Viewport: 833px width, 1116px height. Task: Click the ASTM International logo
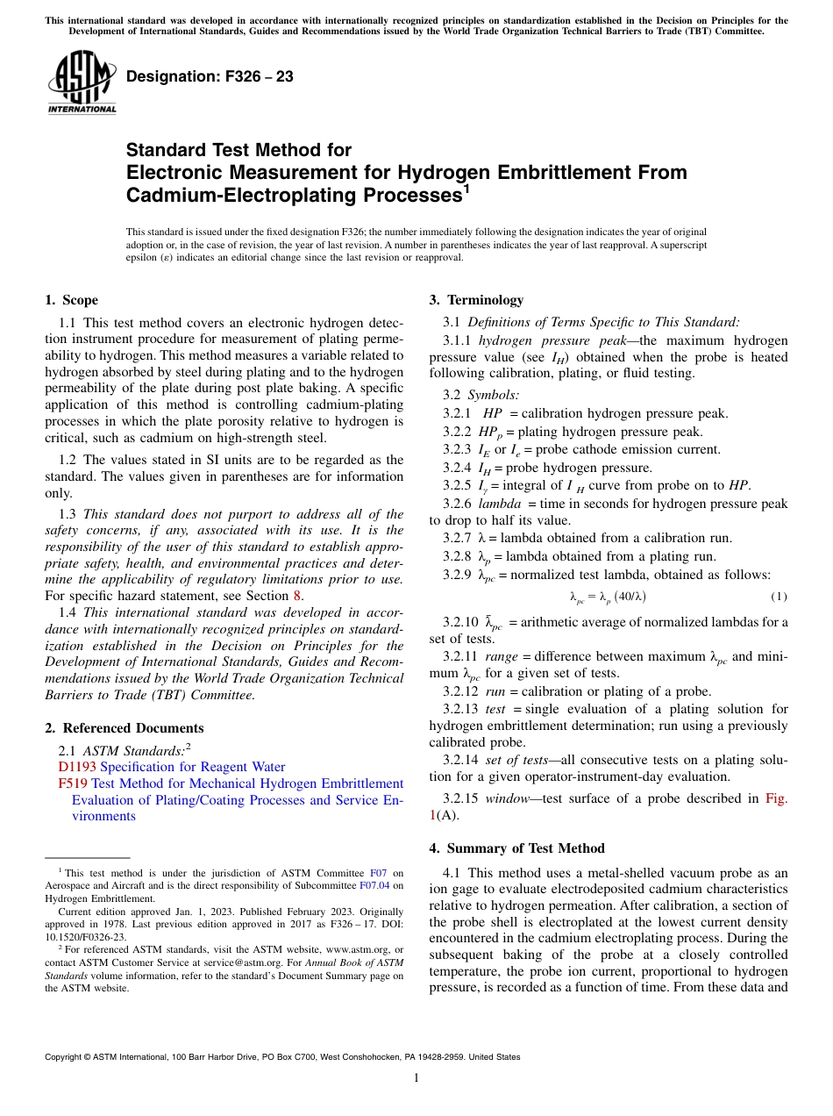pos(82,82)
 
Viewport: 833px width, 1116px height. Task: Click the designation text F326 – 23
pos(210,77)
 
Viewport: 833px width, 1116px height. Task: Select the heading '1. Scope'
pos(71,300)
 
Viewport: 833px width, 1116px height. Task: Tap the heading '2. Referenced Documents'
pos(124,728)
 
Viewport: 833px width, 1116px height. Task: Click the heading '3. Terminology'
pos(475,300)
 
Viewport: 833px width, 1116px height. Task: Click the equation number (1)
pos(779,597)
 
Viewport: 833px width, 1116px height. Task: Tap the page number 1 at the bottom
pos(416,1078)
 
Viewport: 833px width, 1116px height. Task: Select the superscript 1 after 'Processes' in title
pos(466,189)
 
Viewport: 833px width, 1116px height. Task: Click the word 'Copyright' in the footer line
pos(64,1057)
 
